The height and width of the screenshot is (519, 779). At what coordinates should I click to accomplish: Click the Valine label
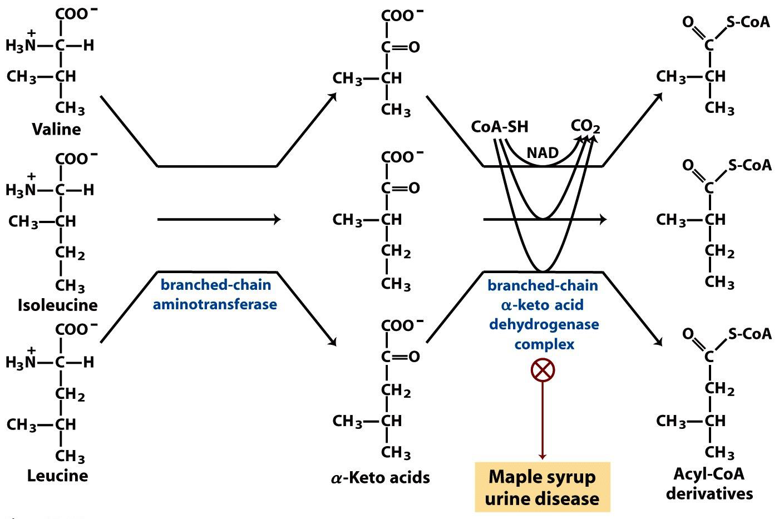click(56, 129)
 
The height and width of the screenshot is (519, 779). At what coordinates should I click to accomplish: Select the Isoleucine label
click(58, 305)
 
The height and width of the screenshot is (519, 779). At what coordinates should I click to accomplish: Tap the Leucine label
click(57, 476)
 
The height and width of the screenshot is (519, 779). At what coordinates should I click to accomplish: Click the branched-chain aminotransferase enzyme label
click(215, 295)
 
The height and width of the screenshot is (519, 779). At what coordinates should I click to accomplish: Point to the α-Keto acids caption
click(381, 477)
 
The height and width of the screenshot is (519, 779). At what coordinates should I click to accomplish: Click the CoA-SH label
click(499, 127)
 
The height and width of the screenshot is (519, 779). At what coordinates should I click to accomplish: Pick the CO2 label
click(585, 127)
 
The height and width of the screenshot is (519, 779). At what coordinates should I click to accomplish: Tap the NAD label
click(543, 152)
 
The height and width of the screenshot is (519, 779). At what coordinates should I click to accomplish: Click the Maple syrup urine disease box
click(543, 487)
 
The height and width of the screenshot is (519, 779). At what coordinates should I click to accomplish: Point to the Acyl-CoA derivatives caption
click(709, 483)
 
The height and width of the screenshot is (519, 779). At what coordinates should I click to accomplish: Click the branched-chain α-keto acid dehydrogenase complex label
click(543, 314)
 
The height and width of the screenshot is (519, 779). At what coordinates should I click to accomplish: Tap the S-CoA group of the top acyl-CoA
click(748, 22)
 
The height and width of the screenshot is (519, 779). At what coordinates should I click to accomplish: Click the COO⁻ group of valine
click(71, 13)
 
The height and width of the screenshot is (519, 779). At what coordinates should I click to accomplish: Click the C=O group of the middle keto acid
click(400, 188)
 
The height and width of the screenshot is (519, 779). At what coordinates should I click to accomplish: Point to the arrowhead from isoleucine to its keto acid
click(277, 220)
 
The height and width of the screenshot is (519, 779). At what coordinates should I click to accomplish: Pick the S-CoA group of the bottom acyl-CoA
click(749, 333)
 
